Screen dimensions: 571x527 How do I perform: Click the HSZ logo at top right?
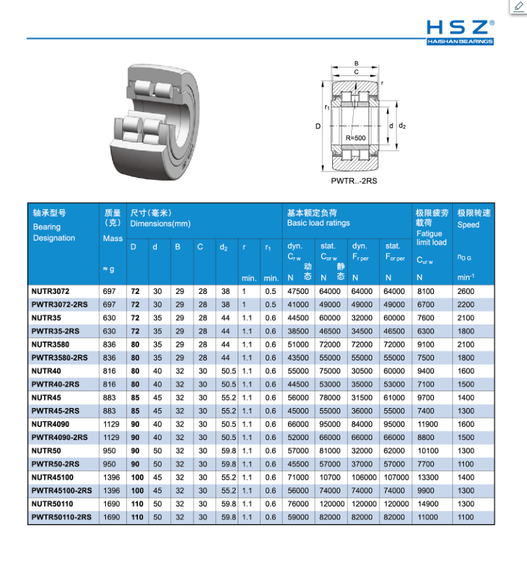(460, 31)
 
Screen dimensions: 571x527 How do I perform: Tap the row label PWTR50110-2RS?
(61, 517)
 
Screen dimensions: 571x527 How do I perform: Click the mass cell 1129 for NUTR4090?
(111, 424)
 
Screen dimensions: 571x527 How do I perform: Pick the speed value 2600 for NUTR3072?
(466, 291)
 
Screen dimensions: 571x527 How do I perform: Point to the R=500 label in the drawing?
(355, 139)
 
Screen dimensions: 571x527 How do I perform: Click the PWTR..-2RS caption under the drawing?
(354, 181)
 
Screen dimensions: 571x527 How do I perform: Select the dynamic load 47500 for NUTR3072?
(298, 291)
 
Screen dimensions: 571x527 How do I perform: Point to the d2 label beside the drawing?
(402, 126)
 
